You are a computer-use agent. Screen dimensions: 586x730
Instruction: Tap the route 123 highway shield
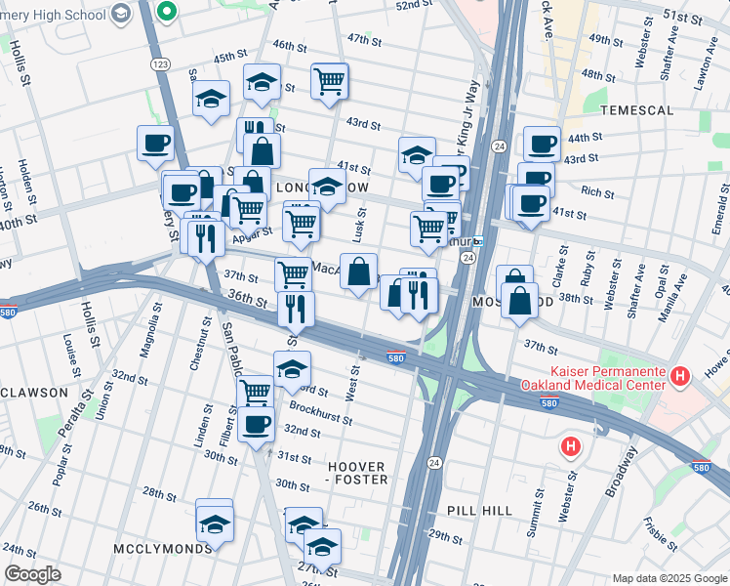pos(161,63)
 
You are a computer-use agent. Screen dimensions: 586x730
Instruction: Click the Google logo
pos(32,573)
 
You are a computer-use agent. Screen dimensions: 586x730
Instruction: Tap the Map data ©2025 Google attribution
pos(669,578)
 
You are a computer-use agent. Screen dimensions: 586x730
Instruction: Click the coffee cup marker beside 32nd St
pos(257,425)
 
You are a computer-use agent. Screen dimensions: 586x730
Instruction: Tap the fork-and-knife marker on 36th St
pos(295,309)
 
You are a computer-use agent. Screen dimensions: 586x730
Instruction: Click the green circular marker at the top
pos(167,12)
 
